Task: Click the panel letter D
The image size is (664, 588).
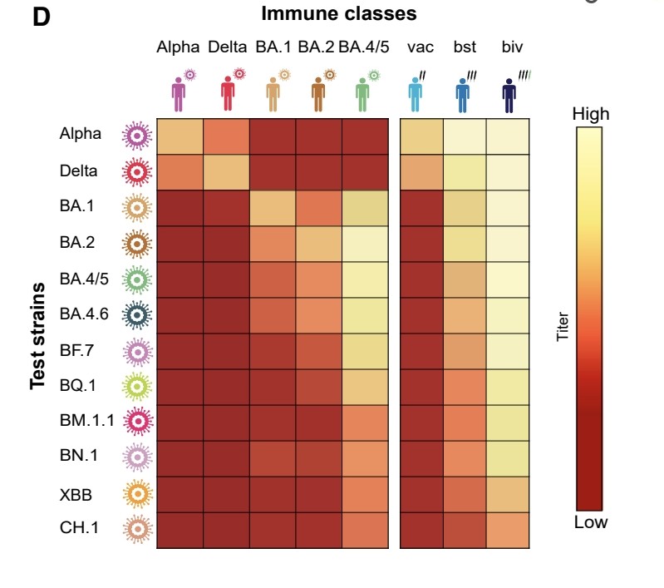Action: coord(42,17)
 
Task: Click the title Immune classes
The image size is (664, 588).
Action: coord(339,14)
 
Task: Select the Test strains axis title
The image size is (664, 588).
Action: coord(37,336)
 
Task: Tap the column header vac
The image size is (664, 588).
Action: coord(421,47)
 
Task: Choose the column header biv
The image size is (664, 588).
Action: coord(512,47)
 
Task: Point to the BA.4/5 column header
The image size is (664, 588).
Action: coord(362,47)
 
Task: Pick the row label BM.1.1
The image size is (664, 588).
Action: coord(83,422)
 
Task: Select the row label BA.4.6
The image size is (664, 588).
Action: coord(82,314)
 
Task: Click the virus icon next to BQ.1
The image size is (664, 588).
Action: coord(137,386)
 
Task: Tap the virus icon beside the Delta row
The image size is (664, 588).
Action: coord(137,172)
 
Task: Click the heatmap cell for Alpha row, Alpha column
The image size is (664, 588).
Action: coord(180,136)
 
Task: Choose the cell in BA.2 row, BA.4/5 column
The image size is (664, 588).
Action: coord(365,244)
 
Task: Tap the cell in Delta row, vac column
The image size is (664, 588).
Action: coord(421,172)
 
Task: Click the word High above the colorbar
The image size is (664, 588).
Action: coord(590,114)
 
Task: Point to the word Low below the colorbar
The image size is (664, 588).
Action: coord(590,522)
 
